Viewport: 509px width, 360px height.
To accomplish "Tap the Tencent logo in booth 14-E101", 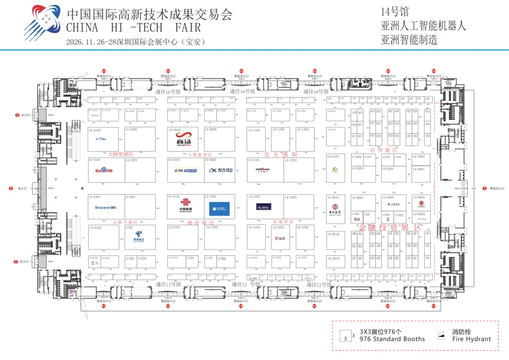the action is [x=105, y=207].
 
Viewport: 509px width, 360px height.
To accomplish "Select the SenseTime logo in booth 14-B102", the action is [x=182, y=139].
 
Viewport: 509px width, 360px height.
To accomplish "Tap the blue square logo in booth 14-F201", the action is [x=220, y=209].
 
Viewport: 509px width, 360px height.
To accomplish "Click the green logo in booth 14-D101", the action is [x=335, y=170].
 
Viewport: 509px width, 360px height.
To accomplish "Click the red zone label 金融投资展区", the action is [x=390, y=228].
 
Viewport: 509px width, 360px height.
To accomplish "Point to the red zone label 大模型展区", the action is [x=121, y=154].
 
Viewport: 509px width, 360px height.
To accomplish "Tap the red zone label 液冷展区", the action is [x=200, y=222].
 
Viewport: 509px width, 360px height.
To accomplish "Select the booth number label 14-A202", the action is [x=131, y=129].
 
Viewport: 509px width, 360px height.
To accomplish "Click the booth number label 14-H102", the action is [x=333, y=234].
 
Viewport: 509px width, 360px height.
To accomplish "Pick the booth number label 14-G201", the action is [x=290, y=197].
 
